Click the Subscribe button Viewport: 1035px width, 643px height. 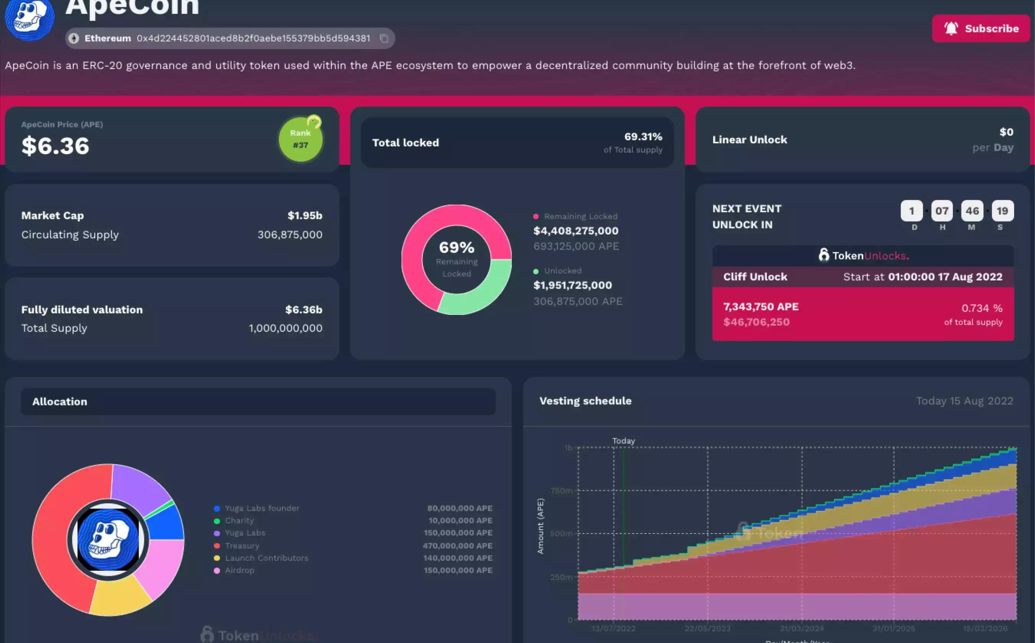coord(981,28)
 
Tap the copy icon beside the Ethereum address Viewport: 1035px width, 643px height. coord(384,38)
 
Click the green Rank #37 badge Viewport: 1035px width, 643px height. coord(300,139)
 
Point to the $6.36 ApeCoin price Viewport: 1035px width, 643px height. coord(55,146)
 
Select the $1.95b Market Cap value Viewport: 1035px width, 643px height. coord(304,216)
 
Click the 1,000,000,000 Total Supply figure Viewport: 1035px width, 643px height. coord(285,328)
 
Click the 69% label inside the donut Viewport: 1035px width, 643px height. coord(456,247)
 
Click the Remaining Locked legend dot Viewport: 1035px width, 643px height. coord(536,216)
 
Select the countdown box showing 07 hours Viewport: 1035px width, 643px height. coord(942,211)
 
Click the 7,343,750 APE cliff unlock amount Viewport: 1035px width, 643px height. coord(761,307)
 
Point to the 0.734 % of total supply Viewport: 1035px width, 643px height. coord(981,308)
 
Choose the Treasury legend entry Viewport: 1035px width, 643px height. coord(242,546)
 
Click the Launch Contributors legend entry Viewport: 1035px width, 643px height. coord(266,558)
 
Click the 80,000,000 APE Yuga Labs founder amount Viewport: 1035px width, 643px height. coord(459,508)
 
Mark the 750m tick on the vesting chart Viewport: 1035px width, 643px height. coord(561,491)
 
